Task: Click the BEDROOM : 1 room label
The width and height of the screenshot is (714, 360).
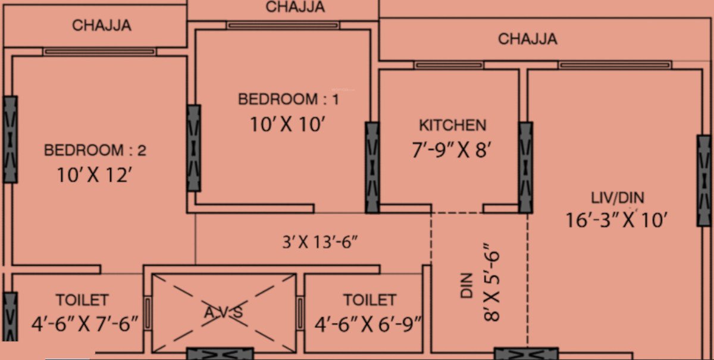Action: point(289,99)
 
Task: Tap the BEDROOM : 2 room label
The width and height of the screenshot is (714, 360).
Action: point(95,151)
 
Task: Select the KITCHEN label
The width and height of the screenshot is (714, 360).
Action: point(453,126)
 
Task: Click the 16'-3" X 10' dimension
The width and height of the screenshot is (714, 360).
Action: point(618,220)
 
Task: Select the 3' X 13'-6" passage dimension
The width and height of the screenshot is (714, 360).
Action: point(320,242)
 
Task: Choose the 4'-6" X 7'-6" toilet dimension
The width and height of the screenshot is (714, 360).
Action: point(85,323)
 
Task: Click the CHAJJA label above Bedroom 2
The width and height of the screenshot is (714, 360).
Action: point(102,26)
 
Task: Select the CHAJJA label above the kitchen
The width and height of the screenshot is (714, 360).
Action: point(528,39)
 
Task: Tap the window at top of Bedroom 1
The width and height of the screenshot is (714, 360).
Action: point(283,26)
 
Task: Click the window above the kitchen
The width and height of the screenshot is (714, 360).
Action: point(449,65)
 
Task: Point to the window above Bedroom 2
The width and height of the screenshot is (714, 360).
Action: point(99,52)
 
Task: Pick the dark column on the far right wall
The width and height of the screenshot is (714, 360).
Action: point(704,180)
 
